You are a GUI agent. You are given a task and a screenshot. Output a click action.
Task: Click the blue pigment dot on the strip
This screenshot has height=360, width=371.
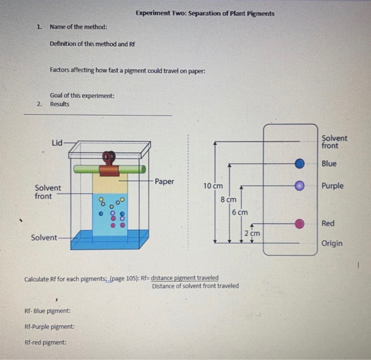(300, 164)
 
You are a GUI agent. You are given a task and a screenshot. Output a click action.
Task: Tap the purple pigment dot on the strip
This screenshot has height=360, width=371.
(300, 186)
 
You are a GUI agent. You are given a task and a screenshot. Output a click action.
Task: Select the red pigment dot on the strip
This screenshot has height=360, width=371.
(300, 224)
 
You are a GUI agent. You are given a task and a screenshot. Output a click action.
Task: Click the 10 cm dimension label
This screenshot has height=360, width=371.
(213, 186)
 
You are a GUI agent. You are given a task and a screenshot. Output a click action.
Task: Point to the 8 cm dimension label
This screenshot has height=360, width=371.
(228, 200)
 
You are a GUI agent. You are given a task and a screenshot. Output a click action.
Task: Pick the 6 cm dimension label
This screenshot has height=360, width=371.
(240, 212)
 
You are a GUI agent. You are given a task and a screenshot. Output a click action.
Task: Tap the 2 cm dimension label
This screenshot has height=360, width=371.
(252, 233)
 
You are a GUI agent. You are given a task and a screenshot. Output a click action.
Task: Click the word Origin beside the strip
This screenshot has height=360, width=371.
(332, 243)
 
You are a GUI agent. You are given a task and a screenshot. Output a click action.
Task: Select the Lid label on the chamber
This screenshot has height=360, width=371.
(57, 142)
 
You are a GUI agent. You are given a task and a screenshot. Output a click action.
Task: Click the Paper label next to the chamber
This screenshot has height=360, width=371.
(164, 181)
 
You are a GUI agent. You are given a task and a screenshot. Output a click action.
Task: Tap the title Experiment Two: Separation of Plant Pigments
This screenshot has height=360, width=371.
(205, 13)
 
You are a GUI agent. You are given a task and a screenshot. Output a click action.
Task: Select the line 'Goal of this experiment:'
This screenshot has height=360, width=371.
(82, 95)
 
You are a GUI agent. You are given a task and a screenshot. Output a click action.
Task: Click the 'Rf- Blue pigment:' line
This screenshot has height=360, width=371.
(48, 311)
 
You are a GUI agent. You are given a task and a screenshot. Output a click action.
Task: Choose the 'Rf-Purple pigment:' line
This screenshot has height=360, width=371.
(49, 327)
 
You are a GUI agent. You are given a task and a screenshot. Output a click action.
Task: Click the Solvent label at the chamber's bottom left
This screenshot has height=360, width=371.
(43, 237)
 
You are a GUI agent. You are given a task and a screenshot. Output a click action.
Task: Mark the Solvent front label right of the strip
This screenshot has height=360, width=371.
(334, 142)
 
